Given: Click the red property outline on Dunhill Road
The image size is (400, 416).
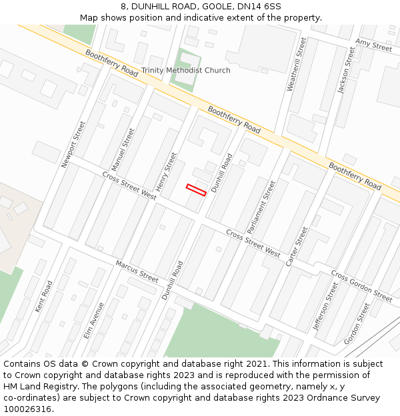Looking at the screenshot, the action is click(196, 190).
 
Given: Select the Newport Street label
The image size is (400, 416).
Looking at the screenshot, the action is click(73, 144).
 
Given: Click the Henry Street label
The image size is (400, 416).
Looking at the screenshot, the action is click(166, 170).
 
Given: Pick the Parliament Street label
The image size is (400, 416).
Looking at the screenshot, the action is click(261, 206).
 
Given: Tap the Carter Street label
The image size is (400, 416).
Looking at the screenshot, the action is click(297, 247).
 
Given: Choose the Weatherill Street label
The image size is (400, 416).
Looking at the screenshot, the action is click(297, 64).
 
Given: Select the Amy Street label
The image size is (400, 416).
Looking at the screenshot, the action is click(373, 45).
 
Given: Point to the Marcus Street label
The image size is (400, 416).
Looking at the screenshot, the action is click(137, 271).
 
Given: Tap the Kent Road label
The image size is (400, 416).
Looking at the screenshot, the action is click(43, 297).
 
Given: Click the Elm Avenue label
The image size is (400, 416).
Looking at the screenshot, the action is click(94, 320).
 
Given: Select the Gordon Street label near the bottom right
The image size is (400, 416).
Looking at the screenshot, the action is click(356, 324).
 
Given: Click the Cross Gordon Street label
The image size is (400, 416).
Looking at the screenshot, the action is click(361, 286).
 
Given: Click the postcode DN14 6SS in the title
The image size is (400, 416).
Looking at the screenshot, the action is click(259, 6).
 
